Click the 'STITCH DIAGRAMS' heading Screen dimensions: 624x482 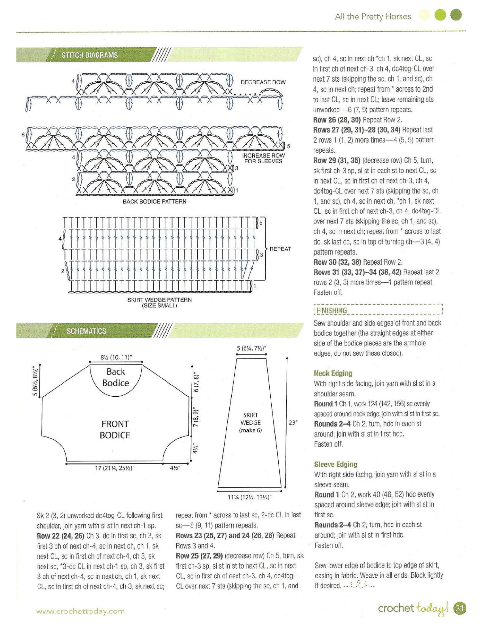tap(89, 55)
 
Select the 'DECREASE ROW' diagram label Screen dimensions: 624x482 tap(263, 82)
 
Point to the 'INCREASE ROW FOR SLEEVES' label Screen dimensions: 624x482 tap(263, 158)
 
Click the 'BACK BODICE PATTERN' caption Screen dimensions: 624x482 tap(155, 201)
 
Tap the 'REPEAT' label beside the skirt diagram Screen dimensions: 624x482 tap(280, 249)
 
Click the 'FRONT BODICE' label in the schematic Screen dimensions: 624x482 tap(115, 429)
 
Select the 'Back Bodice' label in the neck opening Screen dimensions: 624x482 tap(116, 377)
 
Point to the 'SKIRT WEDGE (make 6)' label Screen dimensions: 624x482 tap(250, 423)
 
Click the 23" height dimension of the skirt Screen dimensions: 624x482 tap(293, 422)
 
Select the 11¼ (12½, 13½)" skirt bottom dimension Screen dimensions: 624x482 tap(249, 497)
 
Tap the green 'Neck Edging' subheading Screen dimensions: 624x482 tap(333, 373)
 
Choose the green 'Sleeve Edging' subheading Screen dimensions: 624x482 tap(335, 464)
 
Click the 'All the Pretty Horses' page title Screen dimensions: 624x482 tap(373, 16)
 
